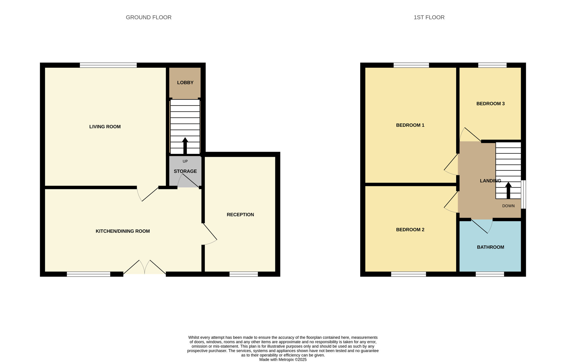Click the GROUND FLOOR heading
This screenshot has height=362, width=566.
click(x=149, y=17)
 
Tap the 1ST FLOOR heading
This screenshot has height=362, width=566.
click(x=429, y=17)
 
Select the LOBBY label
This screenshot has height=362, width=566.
click(x=185, y=82)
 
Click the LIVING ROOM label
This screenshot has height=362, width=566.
click(x=105, y=127)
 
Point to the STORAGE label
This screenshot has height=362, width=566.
click(x=185, y=171)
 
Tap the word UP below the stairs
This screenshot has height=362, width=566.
click(x=185, y=161)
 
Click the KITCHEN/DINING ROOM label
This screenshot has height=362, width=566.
click(x=123, y=231)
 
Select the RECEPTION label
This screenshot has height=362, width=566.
click(x=240, y=215)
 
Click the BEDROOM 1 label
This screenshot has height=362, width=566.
click(x=410, y=125)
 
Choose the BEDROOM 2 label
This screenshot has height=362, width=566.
click(x=410, y=230)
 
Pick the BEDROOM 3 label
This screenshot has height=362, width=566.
click(x=490, y=103)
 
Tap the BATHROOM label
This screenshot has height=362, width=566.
click(x=490, y=247)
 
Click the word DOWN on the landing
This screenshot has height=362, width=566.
click(x=508, y=206)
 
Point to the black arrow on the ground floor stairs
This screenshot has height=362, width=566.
click(x=185, y=146)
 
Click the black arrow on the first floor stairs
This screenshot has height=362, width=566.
click(x=508, y=190)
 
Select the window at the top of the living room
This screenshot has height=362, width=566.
click(x=108, y=65)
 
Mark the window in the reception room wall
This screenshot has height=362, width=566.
click(x=244, y=274)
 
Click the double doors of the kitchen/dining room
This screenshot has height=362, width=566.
click(x=145, y=267)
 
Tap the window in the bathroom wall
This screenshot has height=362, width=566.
click(x=490, y=274)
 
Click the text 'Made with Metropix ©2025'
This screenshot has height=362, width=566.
click(x=283, y=359)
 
